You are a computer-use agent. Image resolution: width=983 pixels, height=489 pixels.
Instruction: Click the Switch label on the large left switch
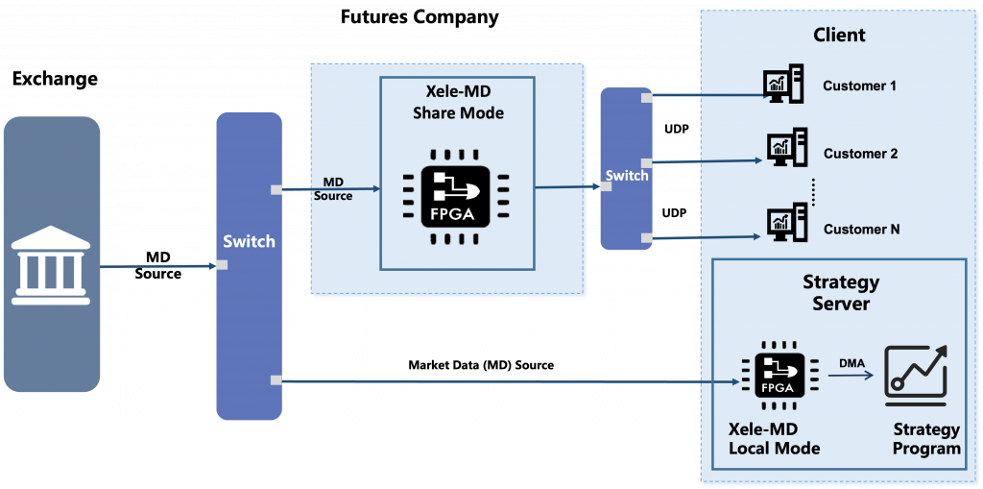click(x=249, y=241)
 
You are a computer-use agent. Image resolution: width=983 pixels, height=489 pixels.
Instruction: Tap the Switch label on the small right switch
click(x=626, y=176)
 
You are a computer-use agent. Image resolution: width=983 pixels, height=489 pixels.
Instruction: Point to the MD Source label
click(x=333, y=189)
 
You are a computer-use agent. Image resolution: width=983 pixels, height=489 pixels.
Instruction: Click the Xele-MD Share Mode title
click(x=458, y=103)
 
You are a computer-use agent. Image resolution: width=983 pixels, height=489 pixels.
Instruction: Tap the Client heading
click(x=839, y=36)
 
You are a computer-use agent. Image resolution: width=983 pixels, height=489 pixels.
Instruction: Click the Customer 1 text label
click(x=859, y=86)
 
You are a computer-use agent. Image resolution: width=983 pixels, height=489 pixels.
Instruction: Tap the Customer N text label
click(x=861, y=230)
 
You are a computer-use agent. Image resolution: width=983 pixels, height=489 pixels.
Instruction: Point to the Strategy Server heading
click(x=840, y=293)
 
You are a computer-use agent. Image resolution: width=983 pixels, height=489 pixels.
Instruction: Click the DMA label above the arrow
click(x=851, y=362)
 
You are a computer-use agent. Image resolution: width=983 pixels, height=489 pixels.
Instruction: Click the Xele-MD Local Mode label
click(x=774, y=438)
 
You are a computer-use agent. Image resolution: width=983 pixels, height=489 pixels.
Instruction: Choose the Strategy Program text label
click(x=925, y=438)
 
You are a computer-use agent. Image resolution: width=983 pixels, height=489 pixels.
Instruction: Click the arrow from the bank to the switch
click(x=157, y=266)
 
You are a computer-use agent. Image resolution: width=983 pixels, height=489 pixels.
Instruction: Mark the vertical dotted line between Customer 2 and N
click(x=813, y=191)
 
